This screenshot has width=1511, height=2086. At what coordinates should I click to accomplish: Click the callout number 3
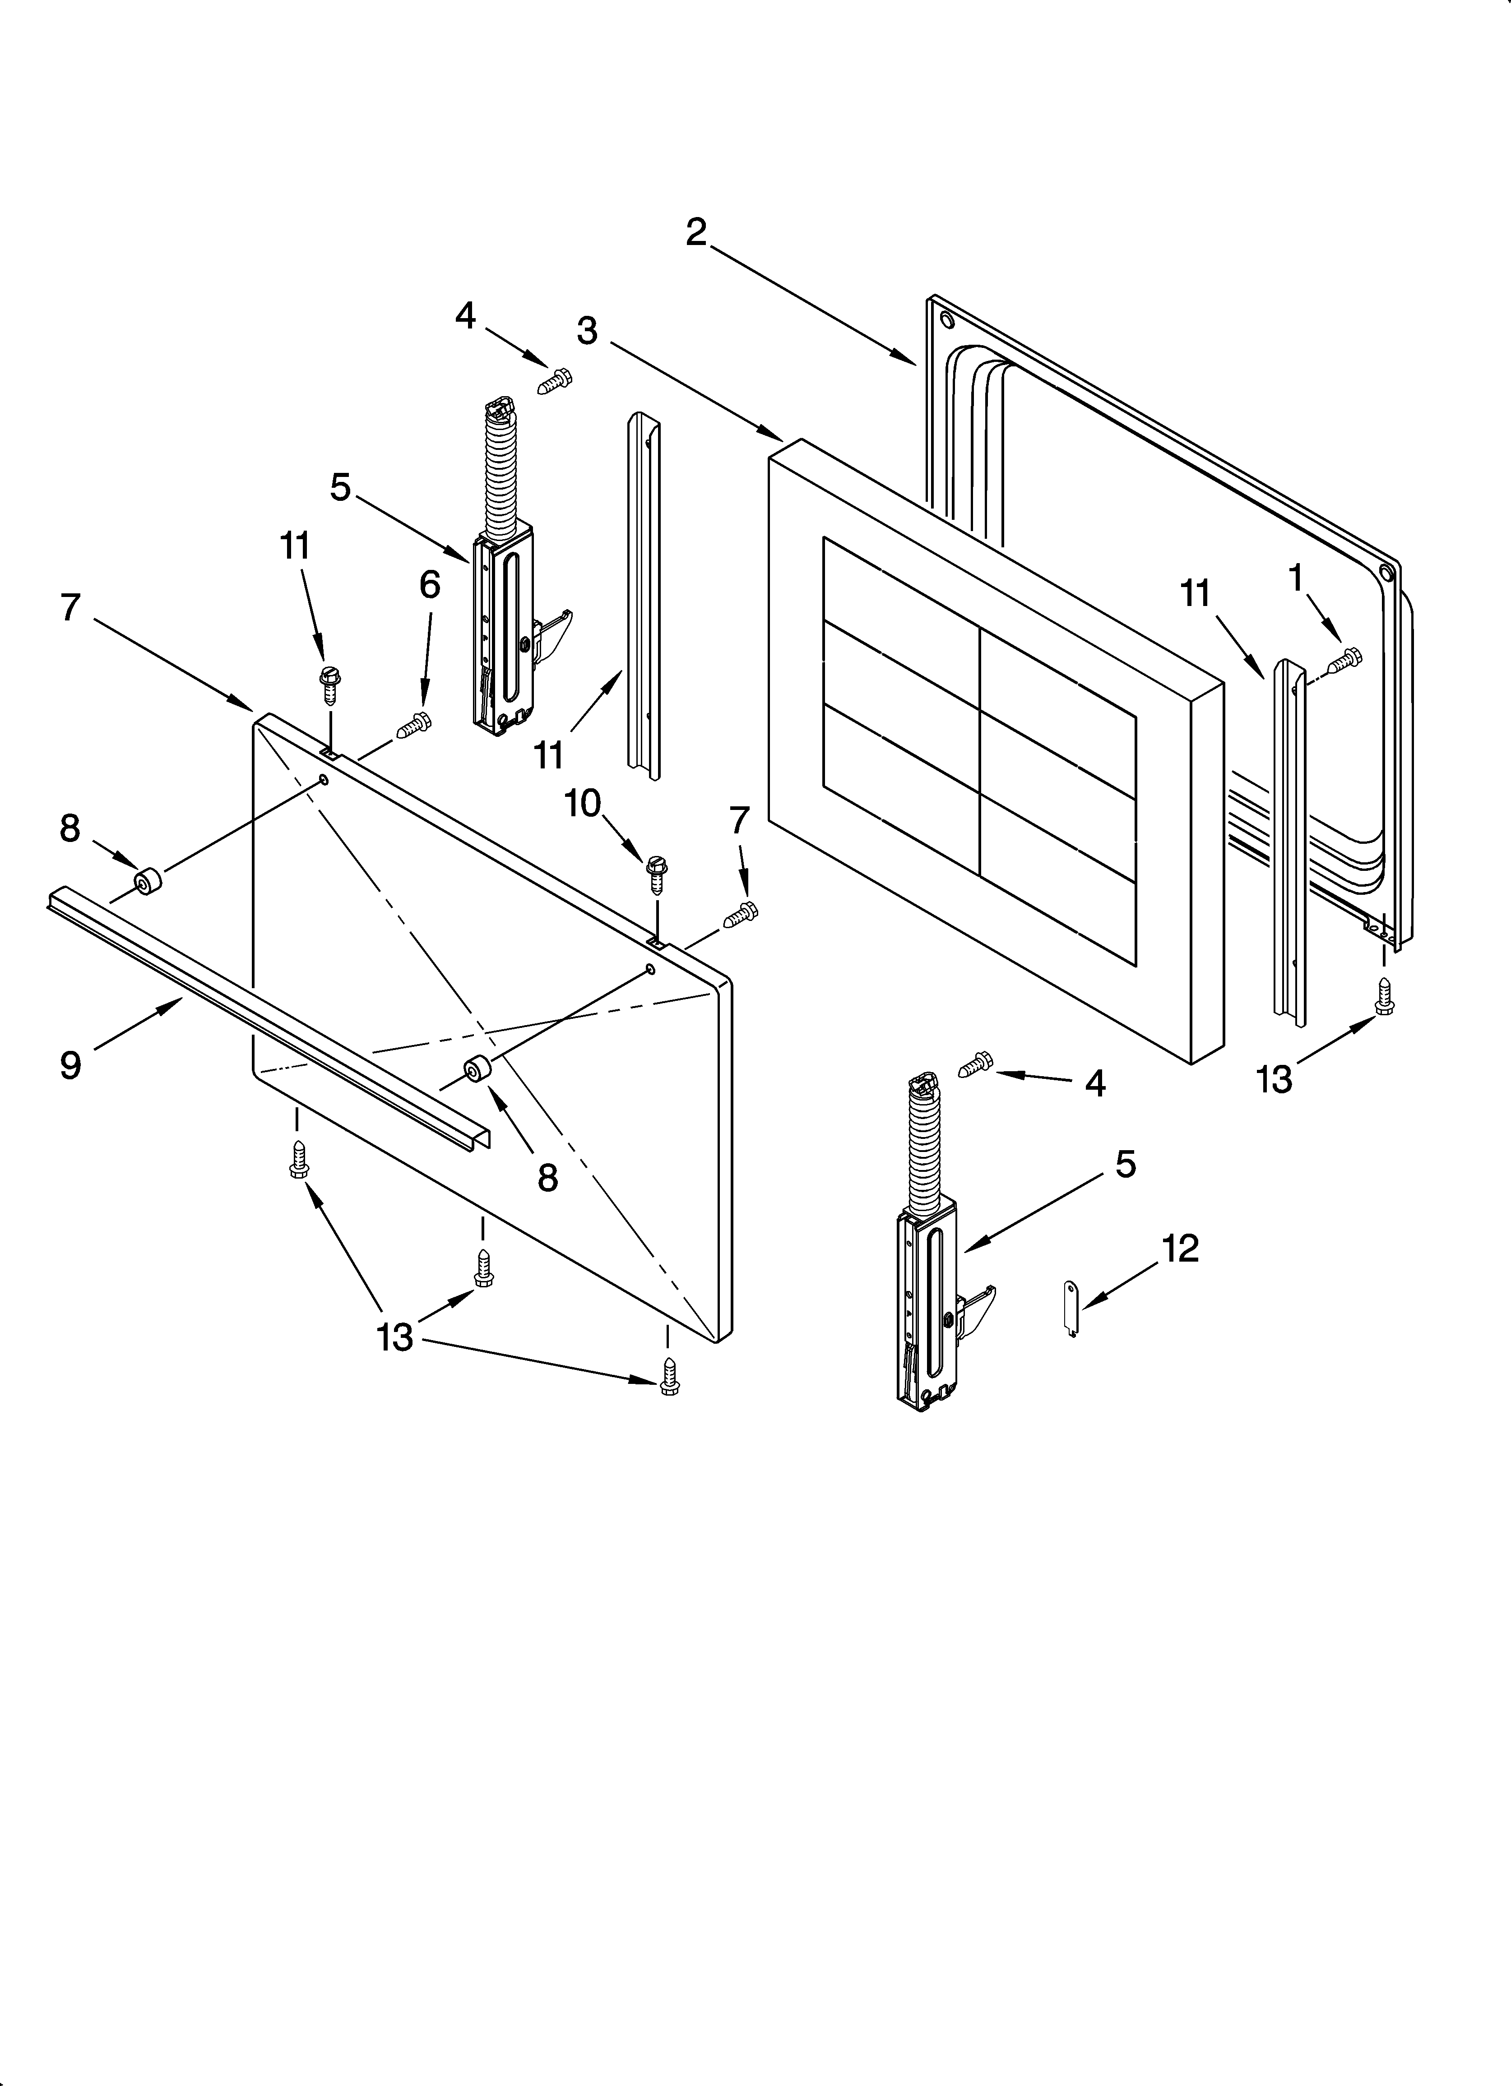point(587,330)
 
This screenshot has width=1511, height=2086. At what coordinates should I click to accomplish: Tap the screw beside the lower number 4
point(975,1063)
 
